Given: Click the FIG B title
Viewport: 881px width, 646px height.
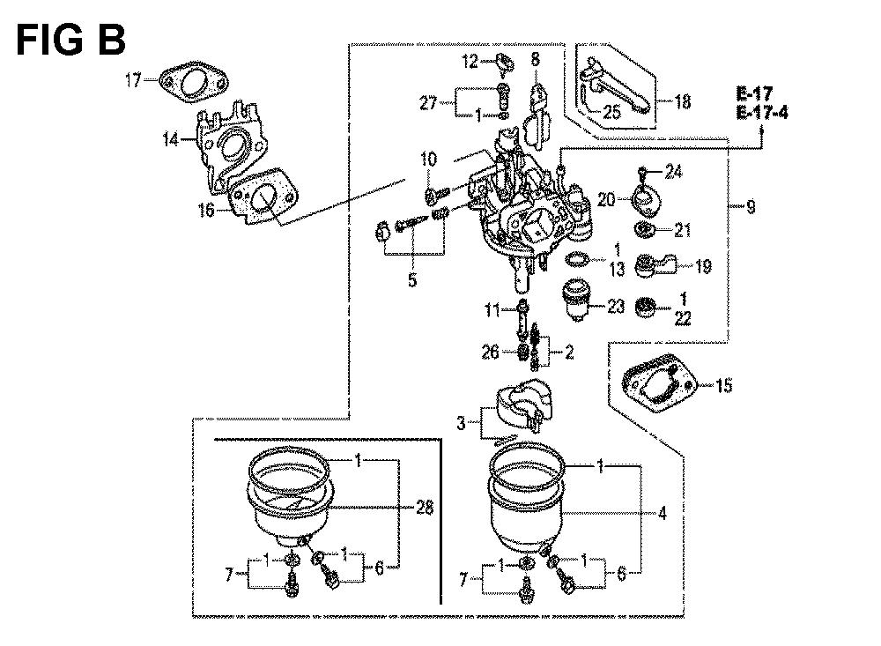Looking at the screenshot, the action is point(70,40).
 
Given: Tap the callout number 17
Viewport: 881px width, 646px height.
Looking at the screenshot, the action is point(133,80).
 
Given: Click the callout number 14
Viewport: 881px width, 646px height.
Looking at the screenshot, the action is point(171,139).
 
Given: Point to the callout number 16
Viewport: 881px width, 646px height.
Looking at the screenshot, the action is point(207,211).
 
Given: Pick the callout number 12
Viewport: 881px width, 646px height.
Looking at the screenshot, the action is point(470,61).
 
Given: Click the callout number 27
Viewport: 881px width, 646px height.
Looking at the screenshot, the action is point(428,103).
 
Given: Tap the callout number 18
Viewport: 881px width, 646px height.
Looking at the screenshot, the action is point(683,102).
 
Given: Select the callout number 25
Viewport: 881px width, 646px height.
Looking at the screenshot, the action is point(612,111).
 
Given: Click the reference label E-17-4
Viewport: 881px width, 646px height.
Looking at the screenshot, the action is point(762,114).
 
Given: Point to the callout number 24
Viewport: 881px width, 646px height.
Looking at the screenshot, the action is point(674,171).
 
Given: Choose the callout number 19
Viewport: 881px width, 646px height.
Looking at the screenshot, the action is point(703,266).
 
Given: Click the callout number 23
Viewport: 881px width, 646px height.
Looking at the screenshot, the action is point(616,307).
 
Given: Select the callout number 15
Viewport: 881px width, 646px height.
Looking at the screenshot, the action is point(723,386).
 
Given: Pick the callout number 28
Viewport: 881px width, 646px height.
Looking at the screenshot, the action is point(425,509).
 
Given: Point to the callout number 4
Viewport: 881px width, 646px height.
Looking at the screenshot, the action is point(663,513).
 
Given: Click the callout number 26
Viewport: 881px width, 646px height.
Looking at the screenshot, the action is point(490,352).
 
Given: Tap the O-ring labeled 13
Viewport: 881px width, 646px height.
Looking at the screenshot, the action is point(577,260).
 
